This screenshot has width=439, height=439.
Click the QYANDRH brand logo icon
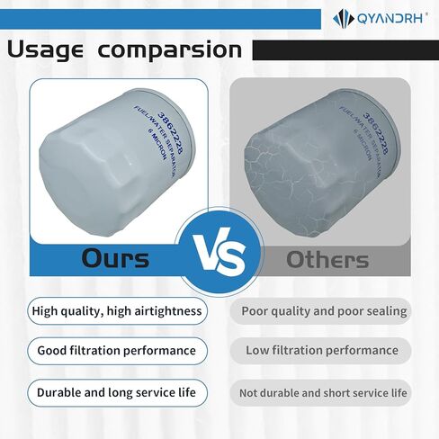(x=343, y=19)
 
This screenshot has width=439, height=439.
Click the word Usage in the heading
(x=45, y=49)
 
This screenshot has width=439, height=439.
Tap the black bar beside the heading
(x=345, y=50)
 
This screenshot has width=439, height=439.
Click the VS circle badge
(x=220, y=252)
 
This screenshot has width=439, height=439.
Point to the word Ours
(x=115, y=258)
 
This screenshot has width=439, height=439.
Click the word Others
(x=327, y=259)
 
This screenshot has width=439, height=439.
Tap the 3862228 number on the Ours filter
(x=170, y=133)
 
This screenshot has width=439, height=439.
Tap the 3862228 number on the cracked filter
(x=375, y=133)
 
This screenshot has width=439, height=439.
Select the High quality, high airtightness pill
(x=117, y=311)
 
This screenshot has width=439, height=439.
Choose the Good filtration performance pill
(x=117, y=351)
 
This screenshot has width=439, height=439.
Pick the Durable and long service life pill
(x=117, y=393)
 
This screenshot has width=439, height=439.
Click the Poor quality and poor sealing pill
(x=320, y=311)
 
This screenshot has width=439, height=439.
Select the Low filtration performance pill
(x=320, y=351)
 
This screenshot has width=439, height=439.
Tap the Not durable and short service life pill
(x=320, y=393)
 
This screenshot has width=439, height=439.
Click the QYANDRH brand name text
(x=390, y=18)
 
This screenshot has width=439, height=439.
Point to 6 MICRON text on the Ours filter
(x=157, y=145)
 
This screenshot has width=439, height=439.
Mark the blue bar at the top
(x=160, y=19)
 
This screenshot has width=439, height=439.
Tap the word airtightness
(x=168, y=311)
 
